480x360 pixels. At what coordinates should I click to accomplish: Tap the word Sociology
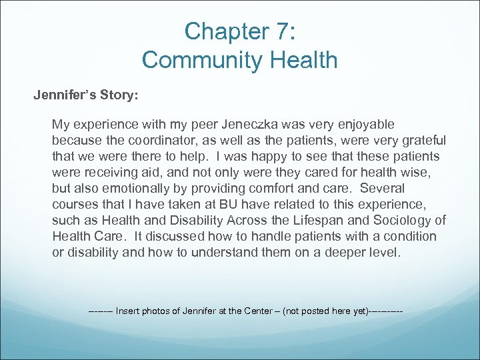399,220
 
